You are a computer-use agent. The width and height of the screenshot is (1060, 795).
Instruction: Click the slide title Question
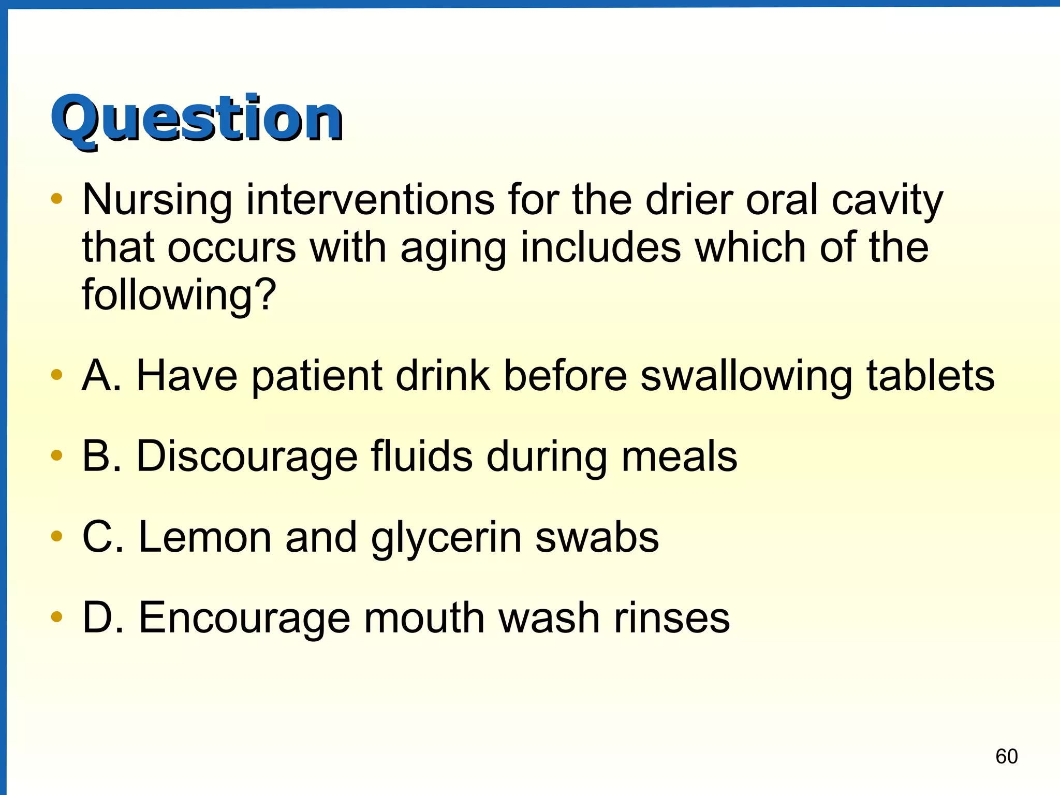pos(197,119)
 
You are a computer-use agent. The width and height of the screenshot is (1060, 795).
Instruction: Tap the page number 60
pos(1006,757)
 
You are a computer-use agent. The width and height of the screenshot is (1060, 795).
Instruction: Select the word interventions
pos(370,200)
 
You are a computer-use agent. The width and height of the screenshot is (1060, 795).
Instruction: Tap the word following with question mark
pos(179,295)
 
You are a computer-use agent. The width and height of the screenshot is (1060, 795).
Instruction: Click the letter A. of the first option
pos(102,375)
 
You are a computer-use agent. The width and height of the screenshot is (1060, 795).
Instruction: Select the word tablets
pos(930,375)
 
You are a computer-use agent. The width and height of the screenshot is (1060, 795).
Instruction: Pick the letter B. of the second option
pos(102,456)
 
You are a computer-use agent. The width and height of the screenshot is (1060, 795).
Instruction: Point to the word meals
pos(679,456)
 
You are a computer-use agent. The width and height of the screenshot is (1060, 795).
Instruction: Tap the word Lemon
pos(205,537)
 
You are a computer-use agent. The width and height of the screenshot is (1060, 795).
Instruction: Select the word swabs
pos(597,537)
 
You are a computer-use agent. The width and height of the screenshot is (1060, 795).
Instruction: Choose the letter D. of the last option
pos(103,617)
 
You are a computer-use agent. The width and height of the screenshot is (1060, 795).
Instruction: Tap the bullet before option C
pos(57,536)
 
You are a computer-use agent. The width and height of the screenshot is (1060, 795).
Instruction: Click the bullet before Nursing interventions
pos(57,199)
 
